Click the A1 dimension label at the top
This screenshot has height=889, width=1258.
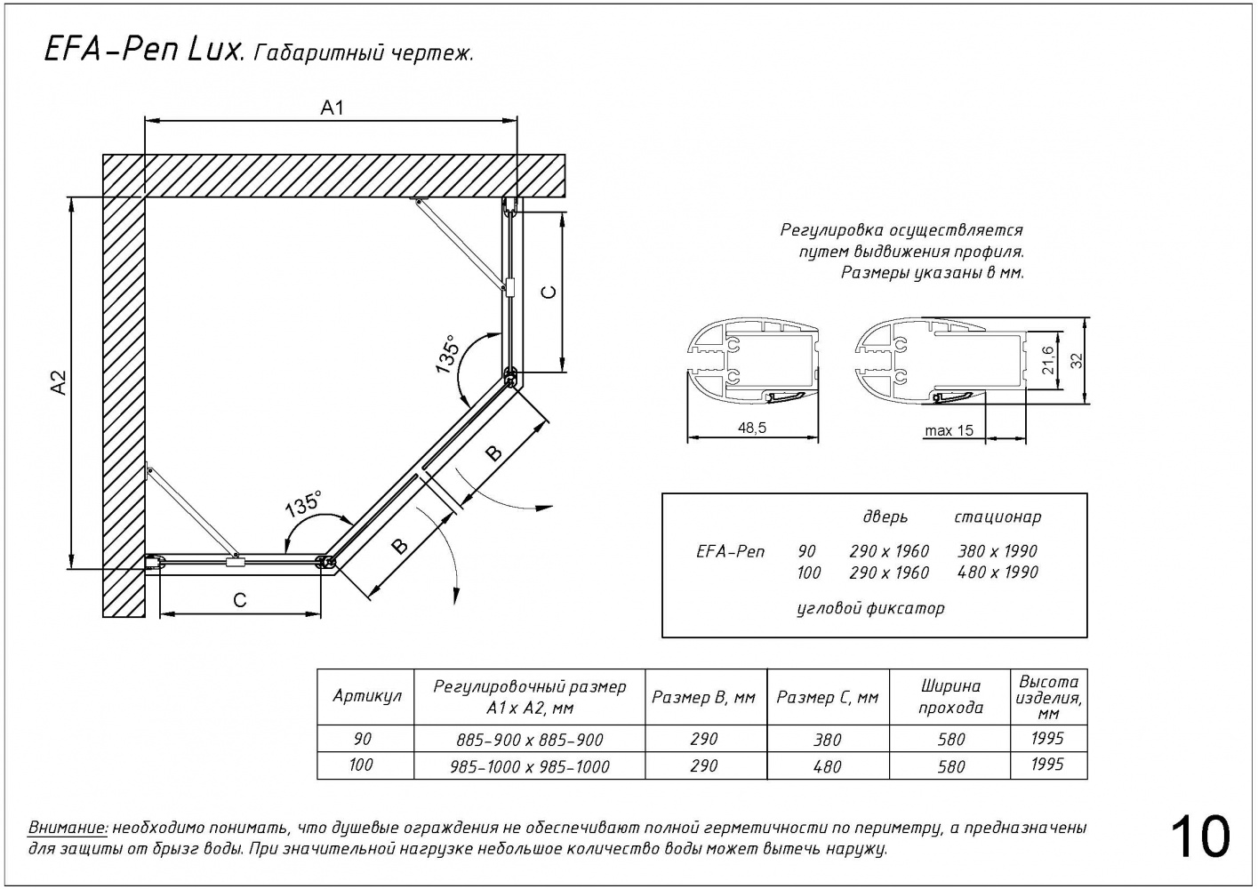point(332,108)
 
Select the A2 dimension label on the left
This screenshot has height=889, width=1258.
point(59,382)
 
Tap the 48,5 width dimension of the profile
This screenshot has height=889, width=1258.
point(751,428)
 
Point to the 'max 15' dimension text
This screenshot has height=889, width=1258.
point(949,431)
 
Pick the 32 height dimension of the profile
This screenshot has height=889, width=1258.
point(1077,360)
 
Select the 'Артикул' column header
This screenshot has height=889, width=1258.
point(366,696)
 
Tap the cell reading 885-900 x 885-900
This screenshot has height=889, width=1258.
point(530,740)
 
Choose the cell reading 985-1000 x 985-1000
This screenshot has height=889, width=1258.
point(530,766)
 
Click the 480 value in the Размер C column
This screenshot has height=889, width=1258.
point(827,766)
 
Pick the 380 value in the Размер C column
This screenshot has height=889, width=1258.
point(827,740)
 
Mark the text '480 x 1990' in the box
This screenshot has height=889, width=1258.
point(998,573)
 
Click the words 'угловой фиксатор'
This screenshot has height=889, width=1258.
point(869,609)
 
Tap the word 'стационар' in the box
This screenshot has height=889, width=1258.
point(998,517)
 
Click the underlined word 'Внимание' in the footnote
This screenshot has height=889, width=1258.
point(68,828)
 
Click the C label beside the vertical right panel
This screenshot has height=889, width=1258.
point(549,292)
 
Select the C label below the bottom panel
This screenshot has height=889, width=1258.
point(239,601)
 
